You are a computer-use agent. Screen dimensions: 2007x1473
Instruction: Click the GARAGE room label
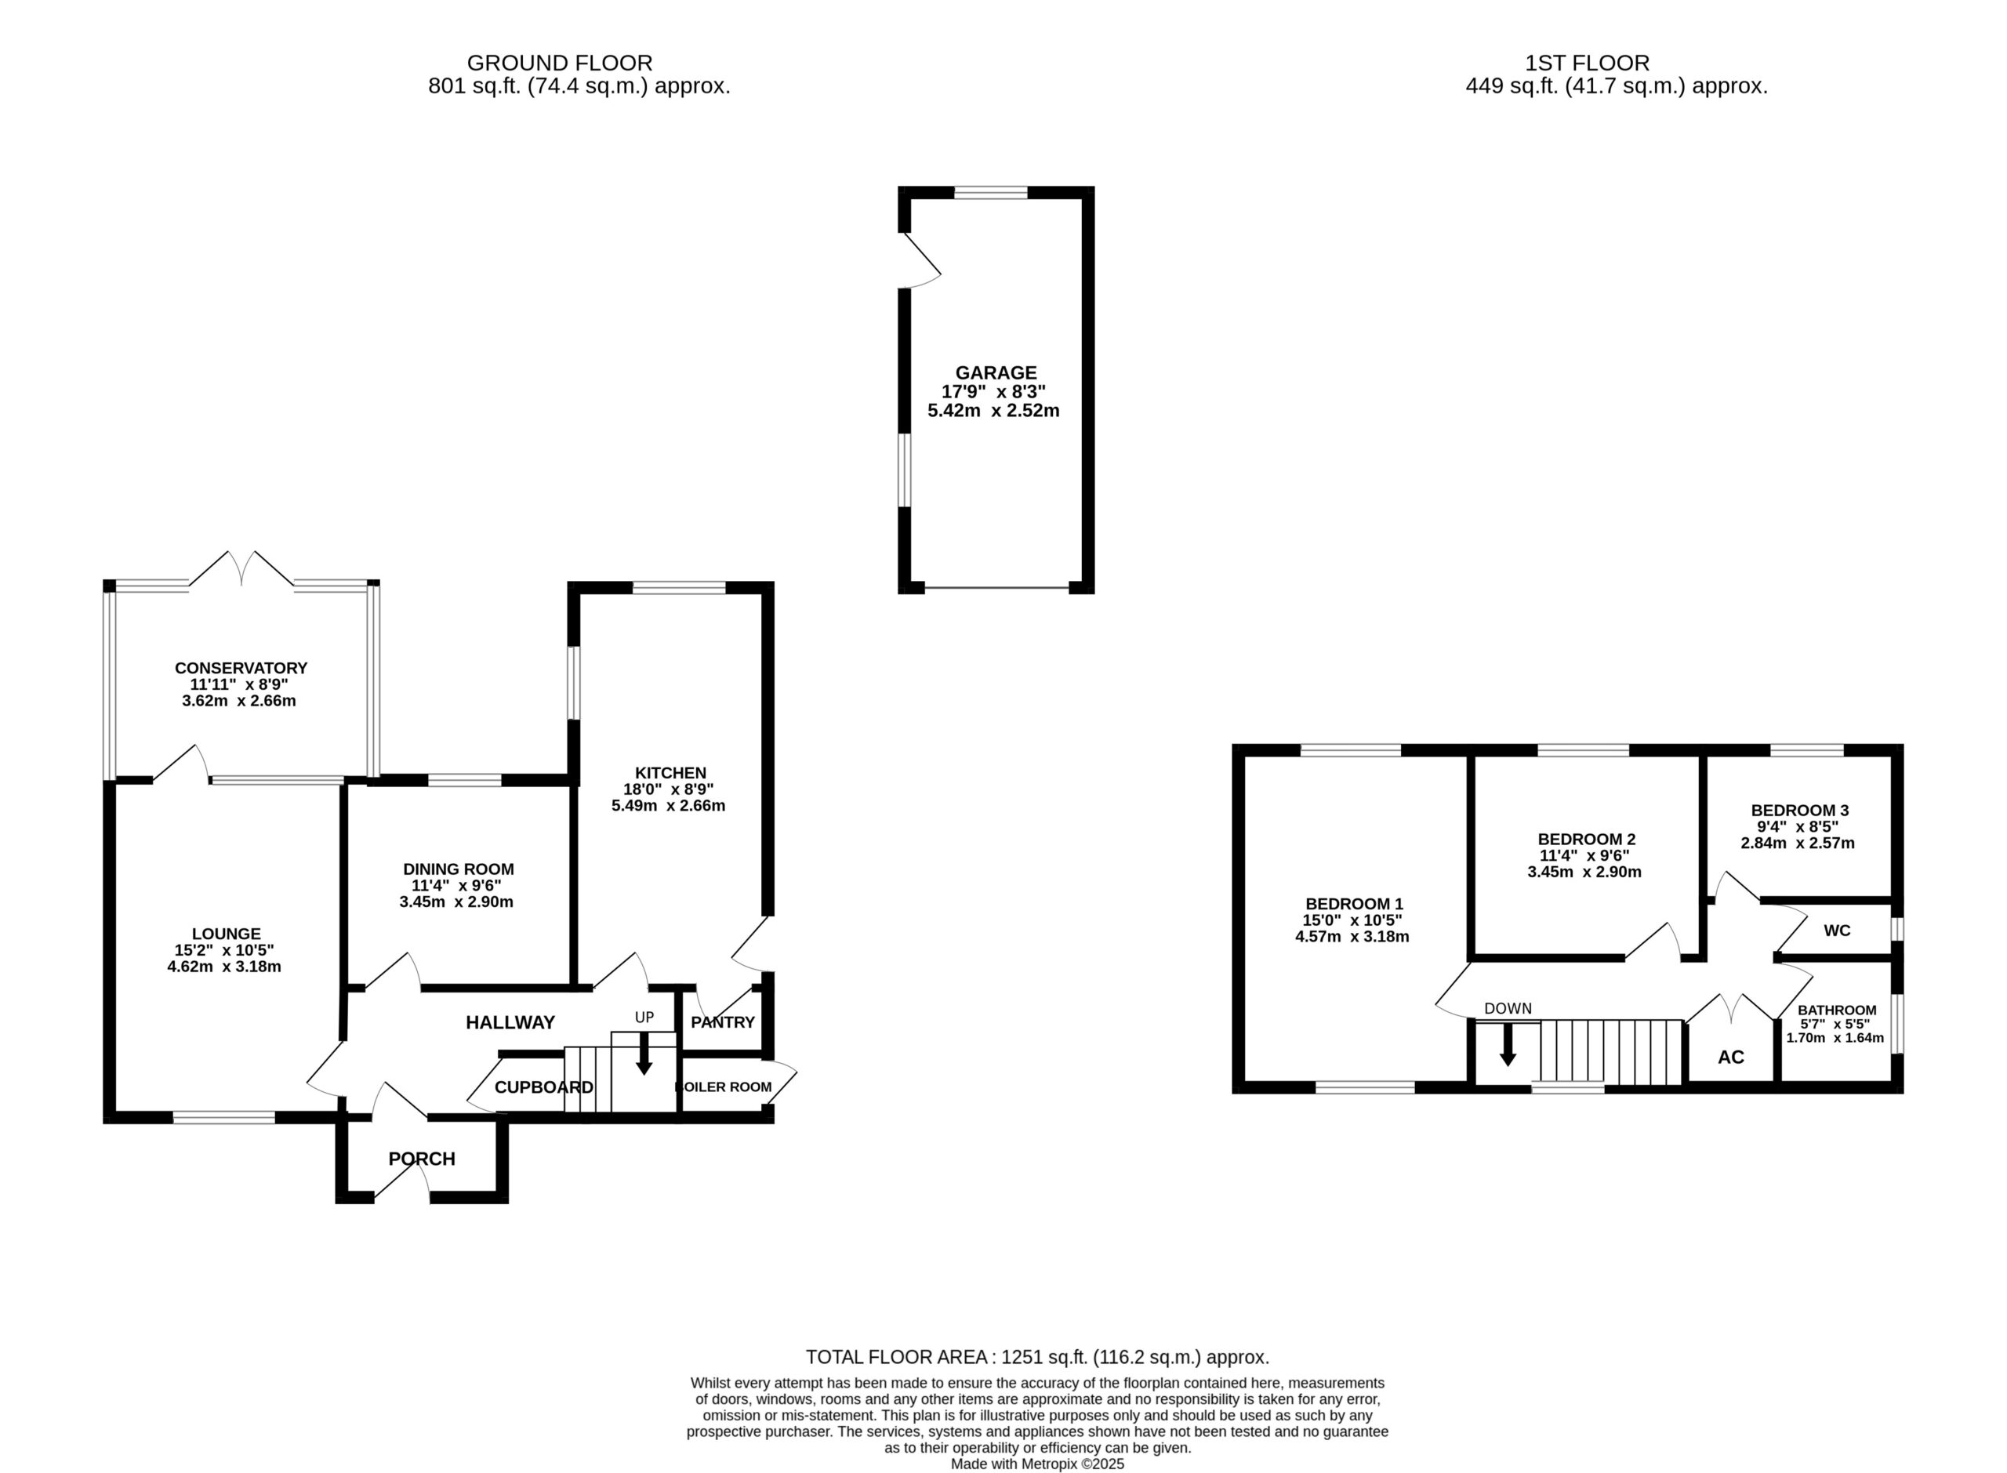pos(996,372)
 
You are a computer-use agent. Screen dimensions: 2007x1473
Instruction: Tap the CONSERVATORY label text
pos(241,668)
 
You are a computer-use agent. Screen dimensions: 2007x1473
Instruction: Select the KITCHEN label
pos(670,773)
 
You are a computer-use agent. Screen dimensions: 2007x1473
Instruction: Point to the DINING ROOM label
pos(459,869)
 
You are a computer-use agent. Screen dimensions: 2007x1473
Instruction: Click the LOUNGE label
pos(227,934)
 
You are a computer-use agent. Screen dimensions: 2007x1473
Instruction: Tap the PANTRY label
pos(723,1021)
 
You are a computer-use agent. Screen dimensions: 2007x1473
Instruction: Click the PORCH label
pos(422,1158)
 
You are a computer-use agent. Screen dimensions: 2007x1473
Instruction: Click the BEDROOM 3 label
pos(1799,811)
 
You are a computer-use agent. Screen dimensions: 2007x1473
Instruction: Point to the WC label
pos(1837,931)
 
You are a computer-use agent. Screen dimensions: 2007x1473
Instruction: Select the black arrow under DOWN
pos(1508,1044)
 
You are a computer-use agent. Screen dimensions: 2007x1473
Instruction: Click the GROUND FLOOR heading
pos(560,63)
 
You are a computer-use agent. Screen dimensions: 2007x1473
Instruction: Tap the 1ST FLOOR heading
pos(1588,63)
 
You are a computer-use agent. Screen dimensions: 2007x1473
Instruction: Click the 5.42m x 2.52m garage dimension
pos(993,411)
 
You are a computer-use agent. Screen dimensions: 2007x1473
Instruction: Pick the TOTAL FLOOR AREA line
pos(1037,1357)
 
